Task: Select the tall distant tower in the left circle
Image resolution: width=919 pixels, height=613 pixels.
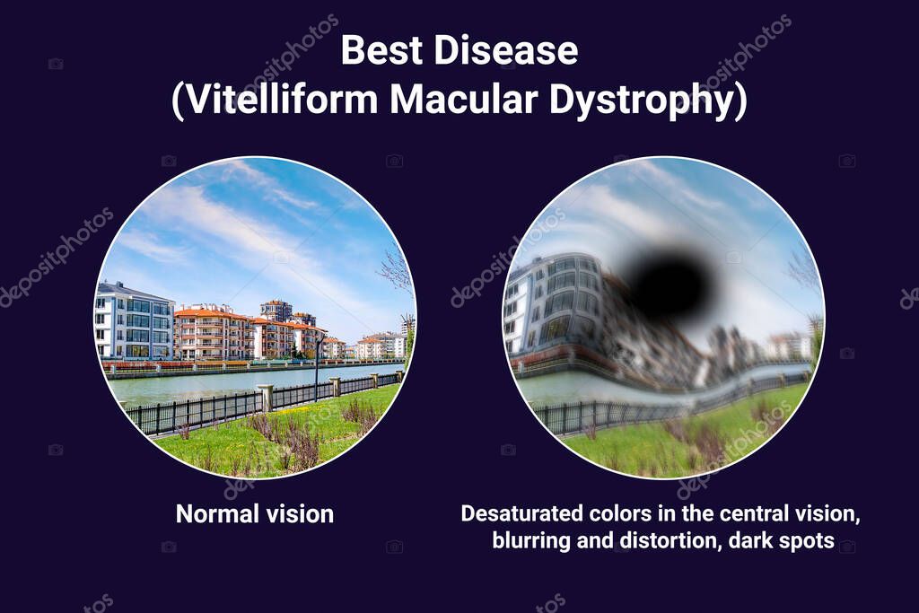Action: (276, 310)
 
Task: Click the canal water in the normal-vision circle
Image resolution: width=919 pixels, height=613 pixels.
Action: (206, 386)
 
